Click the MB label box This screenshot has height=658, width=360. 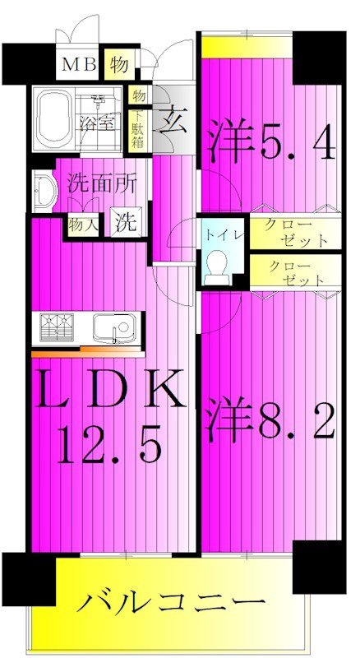(80, 64)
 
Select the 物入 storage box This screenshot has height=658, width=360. (84, 223)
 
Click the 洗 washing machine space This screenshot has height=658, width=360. (123, 221)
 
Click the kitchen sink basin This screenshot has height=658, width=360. (111, 328)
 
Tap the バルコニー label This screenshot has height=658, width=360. (169, 603)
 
